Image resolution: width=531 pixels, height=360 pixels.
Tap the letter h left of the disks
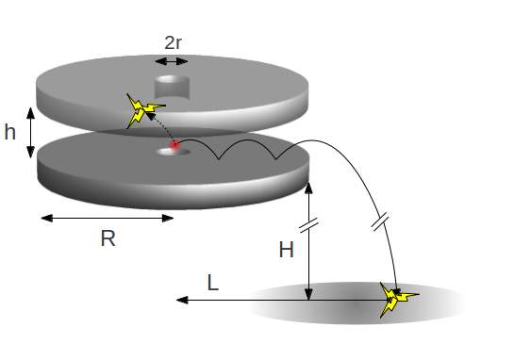(x=10, y=133)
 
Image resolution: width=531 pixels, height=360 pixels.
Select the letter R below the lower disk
(x=108, y=238)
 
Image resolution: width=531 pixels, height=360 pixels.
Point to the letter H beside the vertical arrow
(x=286, y=250)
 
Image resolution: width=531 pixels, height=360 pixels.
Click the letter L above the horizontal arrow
(x=214, y=282)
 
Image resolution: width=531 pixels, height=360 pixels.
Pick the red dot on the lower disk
(x=174, y=145)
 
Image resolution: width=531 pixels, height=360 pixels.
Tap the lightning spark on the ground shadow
(x=398, y=300)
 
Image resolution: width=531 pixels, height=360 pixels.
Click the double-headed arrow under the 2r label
(x=172, y=61)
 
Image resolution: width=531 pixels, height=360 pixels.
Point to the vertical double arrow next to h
(x=31, y=133)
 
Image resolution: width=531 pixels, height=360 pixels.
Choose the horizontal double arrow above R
(x=108, y=218)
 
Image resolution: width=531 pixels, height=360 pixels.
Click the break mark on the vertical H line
(x=308, y=225)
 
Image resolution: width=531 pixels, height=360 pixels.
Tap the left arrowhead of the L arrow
(x=180, y=300)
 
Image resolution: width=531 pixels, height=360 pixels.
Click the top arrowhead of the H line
(x=308, y=185)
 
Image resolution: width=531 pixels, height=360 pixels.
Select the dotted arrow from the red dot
(x=160, y=131)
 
